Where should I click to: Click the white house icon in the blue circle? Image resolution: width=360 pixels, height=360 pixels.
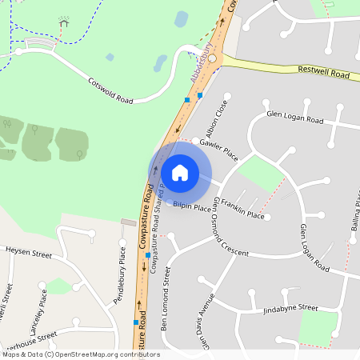click(x=180, y=172)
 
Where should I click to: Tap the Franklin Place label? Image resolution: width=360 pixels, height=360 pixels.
click(x=243, y=210)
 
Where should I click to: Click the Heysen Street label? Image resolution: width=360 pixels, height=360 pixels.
click(x=28, y=252)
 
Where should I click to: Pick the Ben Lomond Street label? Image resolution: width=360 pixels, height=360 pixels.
click(x=166, y=299)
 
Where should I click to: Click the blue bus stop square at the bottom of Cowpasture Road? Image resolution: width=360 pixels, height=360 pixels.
click(x=135, y=322)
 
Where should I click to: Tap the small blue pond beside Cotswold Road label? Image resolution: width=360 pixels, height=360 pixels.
click(x=110, y=57)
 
